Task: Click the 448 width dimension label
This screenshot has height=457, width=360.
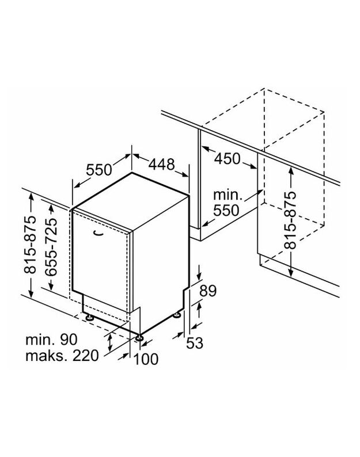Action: (162, 165)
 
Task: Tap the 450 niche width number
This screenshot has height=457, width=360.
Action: (227, 158)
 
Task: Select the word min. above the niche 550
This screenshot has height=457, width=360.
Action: (226, 194)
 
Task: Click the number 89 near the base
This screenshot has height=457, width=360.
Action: (208, 291)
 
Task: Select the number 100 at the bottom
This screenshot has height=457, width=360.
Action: (146, 360)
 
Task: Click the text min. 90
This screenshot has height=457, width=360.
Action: (51, 339)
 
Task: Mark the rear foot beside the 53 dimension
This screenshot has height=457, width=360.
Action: (176, 315)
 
